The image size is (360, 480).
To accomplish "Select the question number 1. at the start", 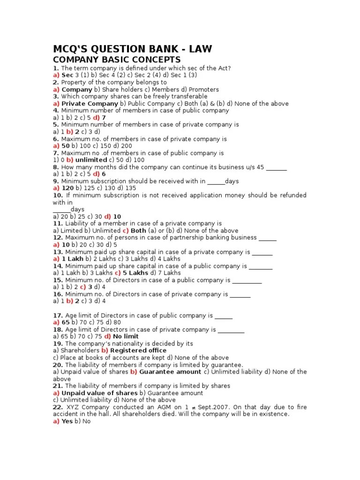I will point(55,68).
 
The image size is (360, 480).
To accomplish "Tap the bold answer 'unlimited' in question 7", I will point(91,160).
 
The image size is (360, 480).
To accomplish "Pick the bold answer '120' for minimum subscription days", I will point(68,188).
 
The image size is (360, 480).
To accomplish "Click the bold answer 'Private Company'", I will point(90,104).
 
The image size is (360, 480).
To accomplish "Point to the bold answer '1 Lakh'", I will point(73,259).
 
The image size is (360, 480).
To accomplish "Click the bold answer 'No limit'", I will point(126,337).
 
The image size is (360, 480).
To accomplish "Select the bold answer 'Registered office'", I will point(138,351).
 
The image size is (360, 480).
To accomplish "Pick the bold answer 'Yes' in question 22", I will point(67,421).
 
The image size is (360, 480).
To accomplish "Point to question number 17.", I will point(58,315).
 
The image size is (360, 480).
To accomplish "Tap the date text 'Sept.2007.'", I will point(213,407).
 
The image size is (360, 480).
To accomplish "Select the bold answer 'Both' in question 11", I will point(138,231).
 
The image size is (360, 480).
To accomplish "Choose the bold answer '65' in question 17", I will point(66,322).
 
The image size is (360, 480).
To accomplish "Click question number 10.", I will point(58,195).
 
